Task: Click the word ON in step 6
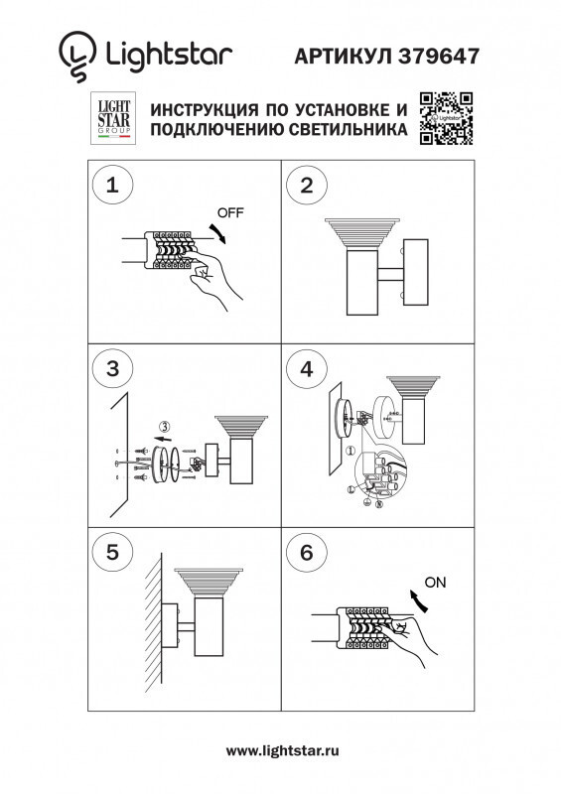[436, 581]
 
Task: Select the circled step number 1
[112, 185]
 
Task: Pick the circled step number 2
[307, 185]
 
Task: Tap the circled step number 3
[112, 369]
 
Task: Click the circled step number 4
[307, 369]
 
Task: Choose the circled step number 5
[112, 553]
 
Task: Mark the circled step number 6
[307, 553]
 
